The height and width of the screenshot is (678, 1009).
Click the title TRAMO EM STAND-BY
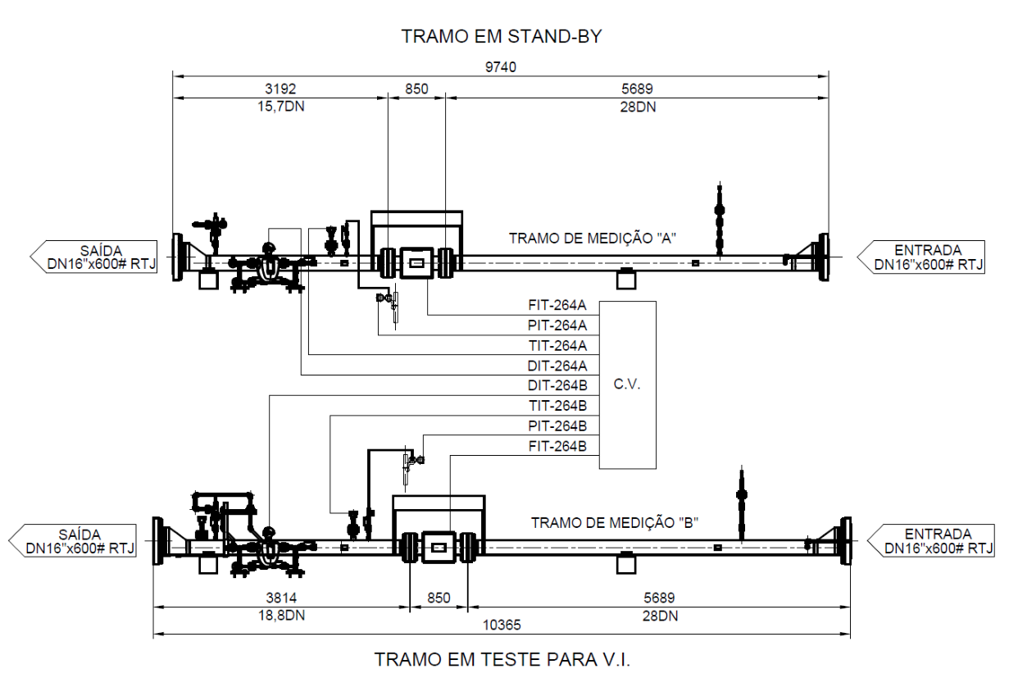502,37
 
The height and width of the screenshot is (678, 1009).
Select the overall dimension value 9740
501,67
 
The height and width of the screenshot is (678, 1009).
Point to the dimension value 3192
280,89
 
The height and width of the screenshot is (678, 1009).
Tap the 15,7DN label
281,107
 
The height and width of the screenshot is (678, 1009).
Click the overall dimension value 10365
502,626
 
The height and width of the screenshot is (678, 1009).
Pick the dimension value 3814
281,598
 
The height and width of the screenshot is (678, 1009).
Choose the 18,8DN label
281,616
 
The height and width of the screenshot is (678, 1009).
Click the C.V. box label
627,385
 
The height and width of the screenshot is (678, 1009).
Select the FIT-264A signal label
557,306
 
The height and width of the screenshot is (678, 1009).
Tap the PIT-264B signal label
557,425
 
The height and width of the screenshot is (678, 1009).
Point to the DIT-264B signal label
557,385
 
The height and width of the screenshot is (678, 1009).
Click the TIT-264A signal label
557,345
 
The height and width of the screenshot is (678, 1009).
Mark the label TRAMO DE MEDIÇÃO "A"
593,239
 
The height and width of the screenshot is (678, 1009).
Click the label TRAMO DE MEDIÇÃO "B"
615,522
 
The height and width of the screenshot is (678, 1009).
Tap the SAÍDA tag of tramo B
72,540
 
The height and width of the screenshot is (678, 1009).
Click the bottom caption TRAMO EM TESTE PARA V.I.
502,659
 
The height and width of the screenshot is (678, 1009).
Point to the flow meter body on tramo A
416,263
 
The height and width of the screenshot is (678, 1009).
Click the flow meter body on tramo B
439,548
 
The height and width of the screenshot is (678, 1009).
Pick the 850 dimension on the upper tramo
416,89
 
